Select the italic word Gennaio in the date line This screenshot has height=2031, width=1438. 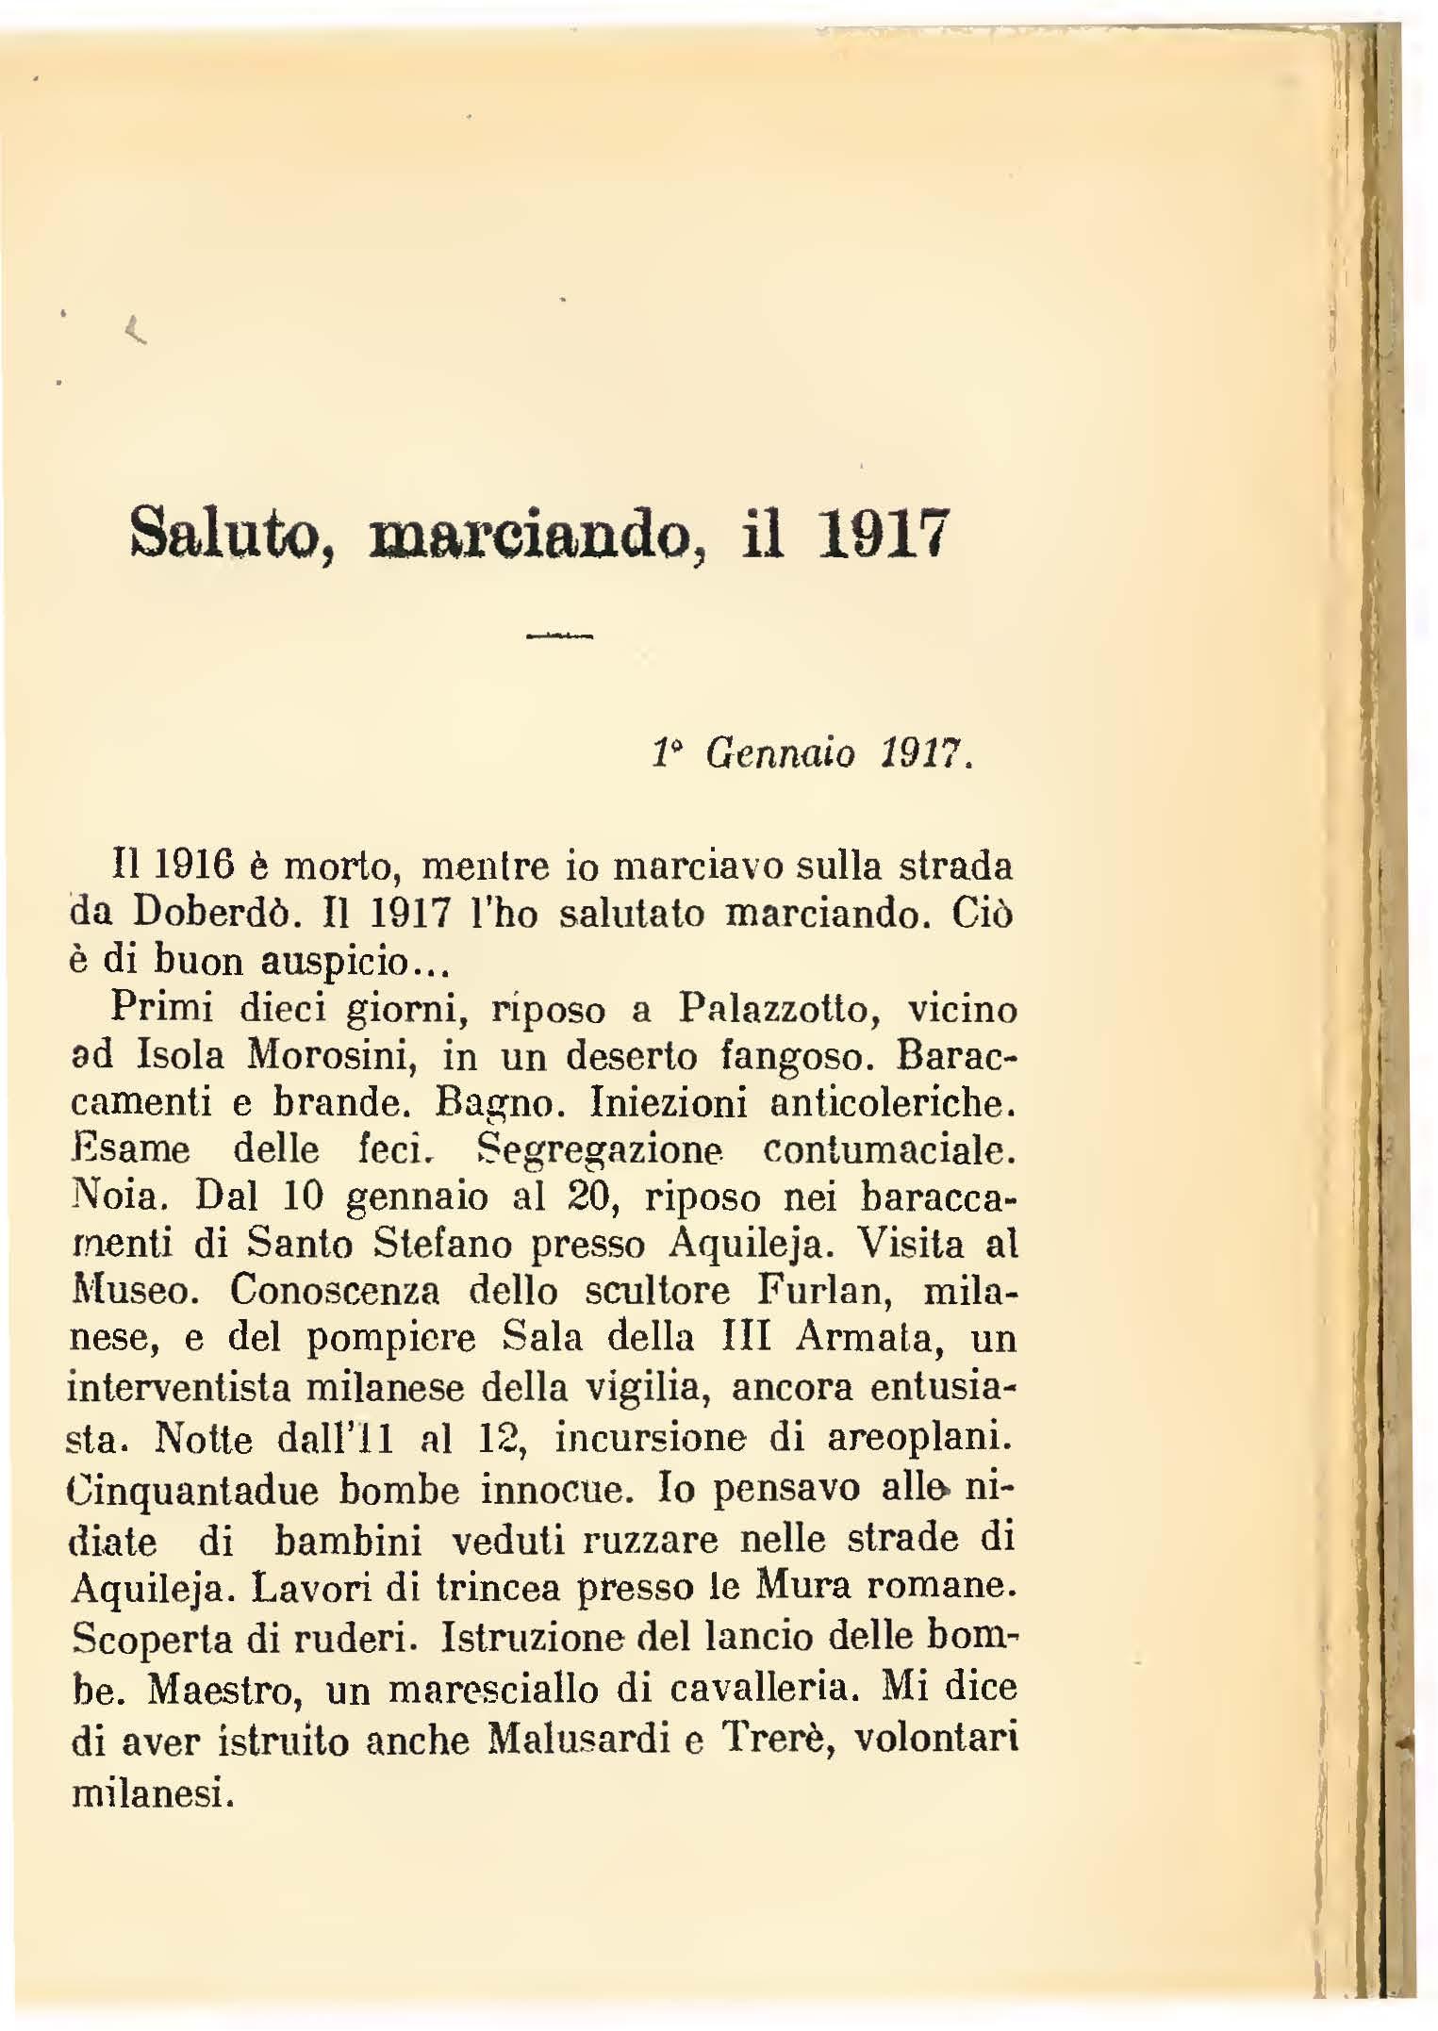[x=781, y=753]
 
